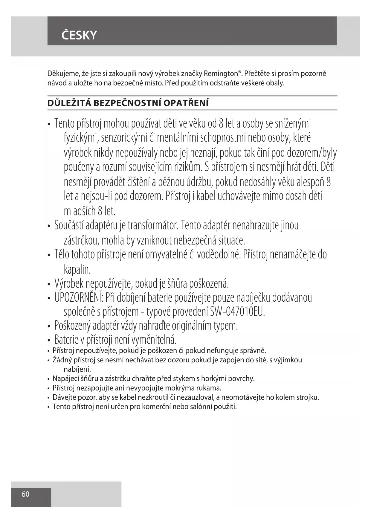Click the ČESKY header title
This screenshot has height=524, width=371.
click(79, 35)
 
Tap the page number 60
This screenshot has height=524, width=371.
click(26, 494)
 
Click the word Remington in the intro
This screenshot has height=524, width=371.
click(223, 73)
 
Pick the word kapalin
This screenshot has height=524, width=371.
click(77, 269)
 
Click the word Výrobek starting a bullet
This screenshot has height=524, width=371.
click(69, 284)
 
